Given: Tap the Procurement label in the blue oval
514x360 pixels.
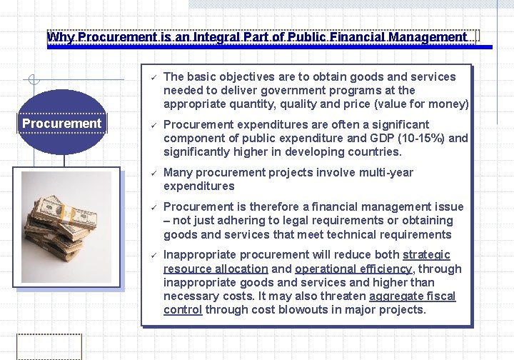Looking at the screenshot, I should pos(62,124).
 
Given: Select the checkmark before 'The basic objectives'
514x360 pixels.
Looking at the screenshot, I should pos(151,77).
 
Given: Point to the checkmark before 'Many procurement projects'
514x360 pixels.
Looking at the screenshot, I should pos(151,173).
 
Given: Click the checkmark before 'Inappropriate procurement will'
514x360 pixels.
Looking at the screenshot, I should pos(151,255).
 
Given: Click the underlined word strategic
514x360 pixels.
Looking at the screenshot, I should pos(426,255).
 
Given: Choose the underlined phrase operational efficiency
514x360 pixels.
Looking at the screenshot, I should pos(353,269).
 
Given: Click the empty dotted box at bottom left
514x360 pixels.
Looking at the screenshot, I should pos(49,346).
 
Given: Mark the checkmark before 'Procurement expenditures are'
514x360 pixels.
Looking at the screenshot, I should pos(151,125).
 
